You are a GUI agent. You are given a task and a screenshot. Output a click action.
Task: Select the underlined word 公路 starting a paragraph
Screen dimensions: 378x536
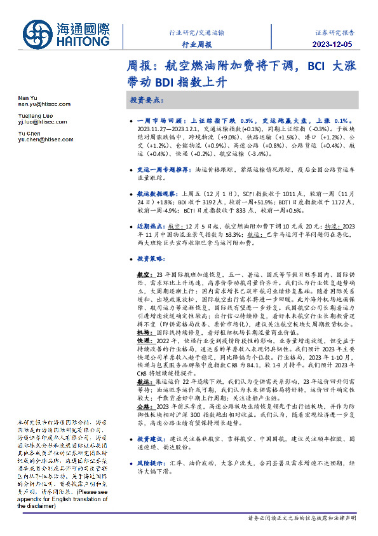pyautogui.click(x=143, y=406)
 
